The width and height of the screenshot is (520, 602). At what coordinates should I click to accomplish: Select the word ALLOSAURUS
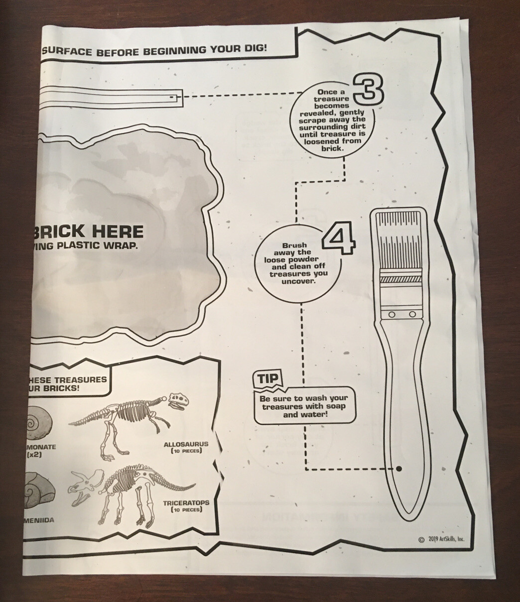coord(186,444)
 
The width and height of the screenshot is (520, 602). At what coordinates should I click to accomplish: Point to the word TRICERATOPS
coord(186,503)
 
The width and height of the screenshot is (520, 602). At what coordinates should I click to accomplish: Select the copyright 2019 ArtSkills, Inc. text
coord(441,539)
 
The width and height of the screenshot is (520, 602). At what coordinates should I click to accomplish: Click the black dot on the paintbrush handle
coord(399,469)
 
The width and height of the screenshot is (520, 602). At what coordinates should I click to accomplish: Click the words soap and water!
coord(304,414)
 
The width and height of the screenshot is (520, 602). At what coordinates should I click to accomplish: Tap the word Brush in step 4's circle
coord(295,245)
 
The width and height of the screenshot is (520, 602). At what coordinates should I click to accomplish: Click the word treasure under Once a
coord(324,100)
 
